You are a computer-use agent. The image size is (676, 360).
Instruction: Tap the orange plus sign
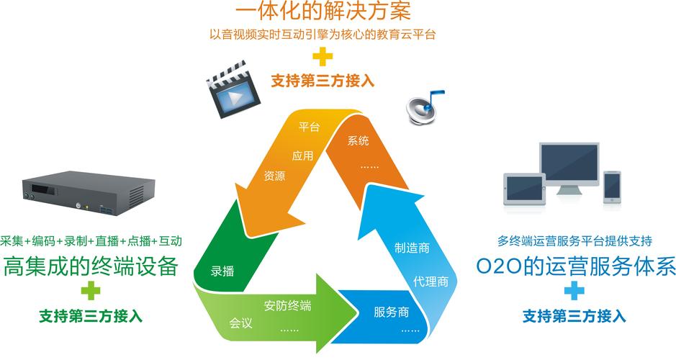[323, 56]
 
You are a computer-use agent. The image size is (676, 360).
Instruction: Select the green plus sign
[91, 291]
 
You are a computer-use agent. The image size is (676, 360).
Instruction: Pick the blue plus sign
[574, 291]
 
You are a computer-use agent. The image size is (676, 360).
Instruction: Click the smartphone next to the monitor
[612, 185]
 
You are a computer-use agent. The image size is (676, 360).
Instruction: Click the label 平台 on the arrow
[309, 127]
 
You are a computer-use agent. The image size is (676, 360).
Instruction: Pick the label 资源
[274, 175]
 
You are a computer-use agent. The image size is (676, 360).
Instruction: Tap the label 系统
[358, 140]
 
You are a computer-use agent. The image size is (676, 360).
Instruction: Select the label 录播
[222, 271]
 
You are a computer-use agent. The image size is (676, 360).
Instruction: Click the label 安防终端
[287, 305]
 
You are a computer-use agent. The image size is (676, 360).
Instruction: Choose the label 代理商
[431, 281]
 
